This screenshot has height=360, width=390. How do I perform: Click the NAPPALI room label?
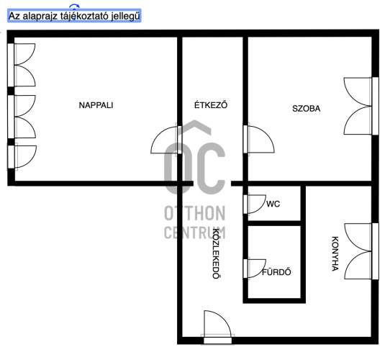tap(96, 105)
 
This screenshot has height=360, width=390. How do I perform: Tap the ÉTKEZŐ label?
tap(211, 105)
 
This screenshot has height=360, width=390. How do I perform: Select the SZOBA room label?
tap(307, 109)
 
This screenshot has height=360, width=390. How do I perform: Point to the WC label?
tap(273, 204)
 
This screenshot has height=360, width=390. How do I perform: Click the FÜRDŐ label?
tap(276, 272)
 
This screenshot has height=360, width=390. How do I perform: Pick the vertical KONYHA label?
tap(335, 253)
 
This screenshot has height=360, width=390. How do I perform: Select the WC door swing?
tap(255, 204)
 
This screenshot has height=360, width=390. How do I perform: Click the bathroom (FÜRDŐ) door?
tap(255, 269)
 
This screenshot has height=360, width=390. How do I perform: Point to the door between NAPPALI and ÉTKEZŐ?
tap(166, 140)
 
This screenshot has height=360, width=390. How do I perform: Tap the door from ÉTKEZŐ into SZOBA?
tap(259, 140)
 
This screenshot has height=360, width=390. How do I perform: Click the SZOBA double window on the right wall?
tap(361, 107)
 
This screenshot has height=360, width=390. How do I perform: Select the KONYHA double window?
tap(362, 251)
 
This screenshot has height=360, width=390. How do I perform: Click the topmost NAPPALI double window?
tap(22, 65)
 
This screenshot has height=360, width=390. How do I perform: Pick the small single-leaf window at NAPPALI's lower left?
tap(22, 157)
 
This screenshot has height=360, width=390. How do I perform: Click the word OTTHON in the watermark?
tap(195, 214)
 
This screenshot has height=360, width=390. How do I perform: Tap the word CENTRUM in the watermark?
tap(195, 233)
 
